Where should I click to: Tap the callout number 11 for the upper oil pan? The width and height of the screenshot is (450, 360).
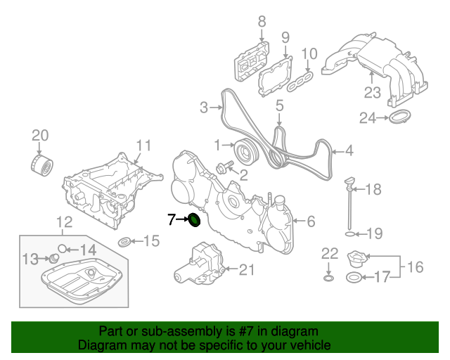tap(143, 146)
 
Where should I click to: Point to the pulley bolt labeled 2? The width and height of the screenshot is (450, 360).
tap(225, 169)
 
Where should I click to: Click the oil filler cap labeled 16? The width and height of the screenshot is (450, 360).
tap(357, 259)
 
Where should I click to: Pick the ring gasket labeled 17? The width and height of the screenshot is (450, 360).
tap(355, 278)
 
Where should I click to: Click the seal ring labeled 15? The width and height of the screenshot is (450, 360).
tap(124, 243)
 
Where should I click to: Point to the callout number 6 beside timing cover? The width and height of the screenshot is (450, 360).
tap(311, 221)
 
